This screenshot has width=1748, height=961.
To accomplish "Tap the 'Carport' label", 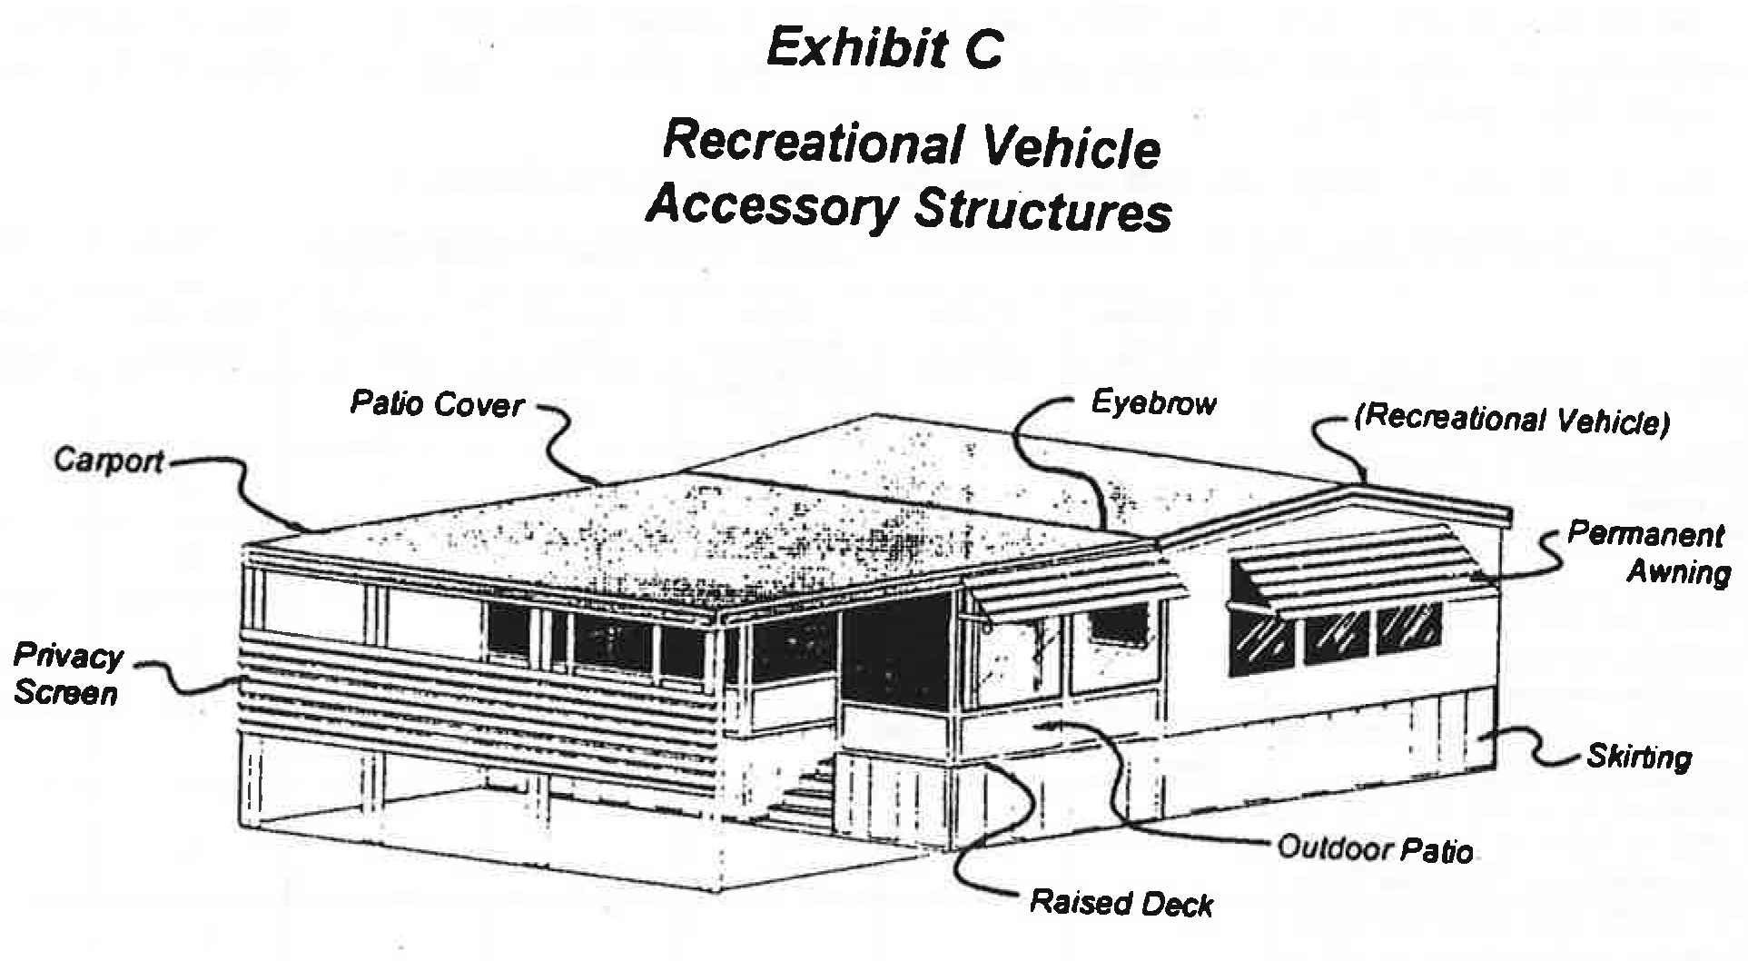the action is [108, 461].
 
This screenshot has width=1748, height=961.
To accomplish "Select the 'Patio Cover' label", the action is [437, 403].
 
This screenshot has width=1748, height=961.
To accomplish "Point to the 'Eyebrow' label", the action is [1153, 402].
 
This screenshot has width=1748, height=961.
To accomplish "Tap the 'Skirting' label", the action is [1639, 756].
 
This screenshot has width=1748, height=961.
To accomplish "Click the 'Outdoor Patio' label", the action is [1375, 848].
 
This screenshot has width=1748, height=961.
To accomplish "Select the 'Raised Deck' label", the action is [1121, 903].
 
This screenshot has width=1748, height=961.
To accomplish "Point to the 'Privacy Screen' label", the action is [67, 674].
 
